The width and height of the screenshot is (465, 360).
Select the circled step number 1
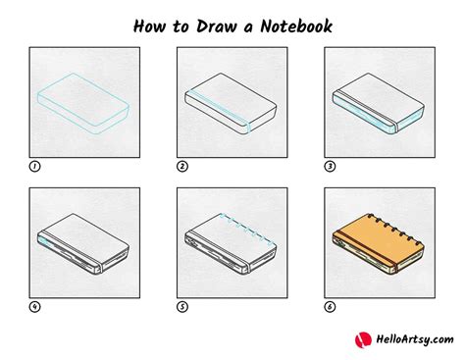[x=35, y=166]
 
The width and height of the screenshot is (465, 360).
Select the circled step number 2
[x=182, y=166]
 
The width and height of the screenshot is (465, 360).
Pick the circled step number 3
[x=331, y=166]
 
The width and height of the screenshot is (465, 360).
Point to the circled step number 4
[x=35, y=306]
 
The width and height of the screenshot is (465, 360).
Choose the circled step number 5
[x=182, y=306]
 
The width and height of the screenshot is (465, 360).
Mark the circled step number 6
[x=331, y=306]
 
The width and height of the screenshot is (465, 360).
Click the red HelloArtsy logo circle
[x=362, y=340]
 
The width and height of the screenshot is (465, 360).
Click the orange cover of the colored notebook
[x=375, y=239]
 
